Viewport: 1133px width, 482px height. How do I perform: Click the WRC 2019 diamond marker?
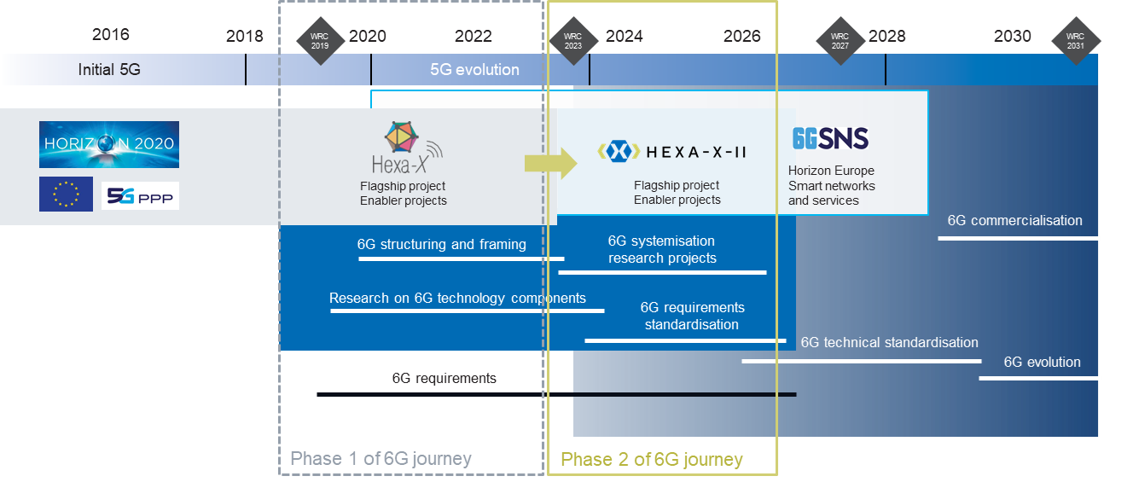point(320,40)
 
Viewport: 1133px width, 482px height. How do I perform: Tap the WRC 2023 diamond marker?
point(572,40)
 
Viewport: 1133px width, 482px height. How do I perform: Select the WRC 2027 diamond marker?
point(840,40)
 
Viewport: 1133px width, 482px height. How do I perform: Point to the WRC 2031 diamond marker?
point(1075,40)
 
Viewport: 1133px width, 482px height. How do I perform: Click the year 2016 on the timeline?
point(111,35)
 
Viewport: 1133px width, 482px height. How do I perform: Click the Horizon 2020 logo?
point(109,144)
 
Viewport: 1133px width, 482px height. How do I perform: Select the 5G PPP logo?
point(140,196)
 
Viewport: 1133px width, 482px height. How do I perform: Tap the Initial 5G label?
point(109,70)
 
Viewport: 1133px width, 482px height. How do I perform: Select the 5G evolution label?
point(474,70)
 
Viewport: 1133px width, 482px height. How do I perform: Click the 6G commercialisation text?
point(1014,221)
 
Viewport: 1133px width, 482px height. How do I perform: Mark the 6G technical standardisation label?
point(889,343)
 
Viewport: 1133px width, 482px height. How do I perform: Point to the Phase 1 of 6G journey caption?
point(381,459)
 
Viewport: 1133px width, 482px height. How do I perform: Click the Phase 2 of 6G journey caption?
point(652,460)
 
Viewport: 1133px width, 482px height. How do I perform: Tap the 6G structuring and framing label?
point(441,245)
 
